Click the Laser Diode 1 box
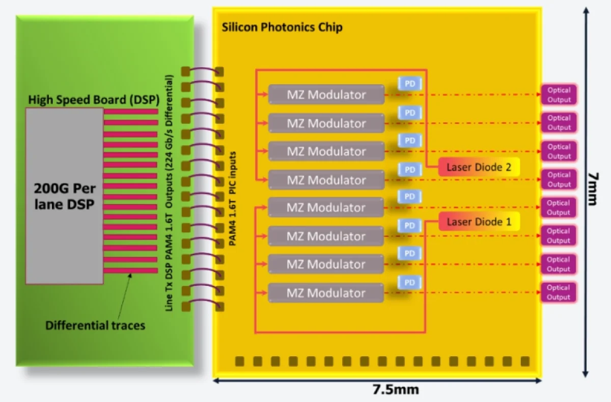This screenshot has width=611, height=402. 479,222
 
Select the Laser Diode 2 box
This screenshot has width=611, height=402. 479,167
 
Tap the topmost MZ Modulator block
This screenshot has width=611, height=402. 326,95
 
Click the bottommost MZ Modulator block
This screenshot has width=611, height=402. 326,293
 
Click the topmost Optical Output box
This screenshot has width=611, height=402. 559,95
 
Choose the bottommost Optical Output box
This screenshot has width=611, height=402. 559,292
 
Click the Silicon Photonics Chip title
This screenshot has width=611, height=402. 282,27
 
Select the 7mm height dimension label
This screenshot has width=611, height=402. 592,187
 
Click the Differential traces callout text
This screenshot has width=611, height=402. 95,325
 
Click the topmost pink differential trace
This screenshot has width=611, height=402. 131,111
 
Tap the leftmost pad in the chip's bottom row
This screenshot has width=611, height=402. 239,361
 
